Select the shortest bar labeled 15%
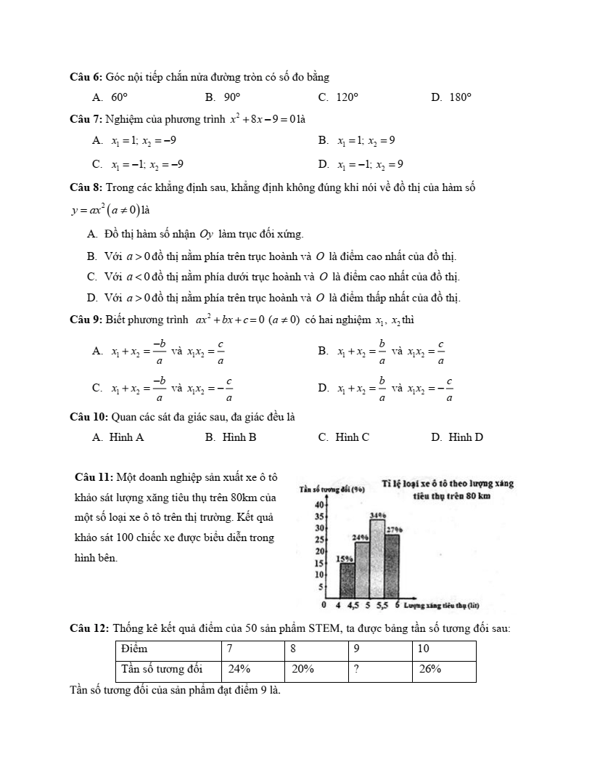click(347, 580)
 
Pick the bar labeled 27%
click(392, 566)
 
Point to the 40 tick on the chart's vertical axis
click(318, 505)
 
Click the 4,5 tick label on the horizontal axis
click(353, 605)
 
